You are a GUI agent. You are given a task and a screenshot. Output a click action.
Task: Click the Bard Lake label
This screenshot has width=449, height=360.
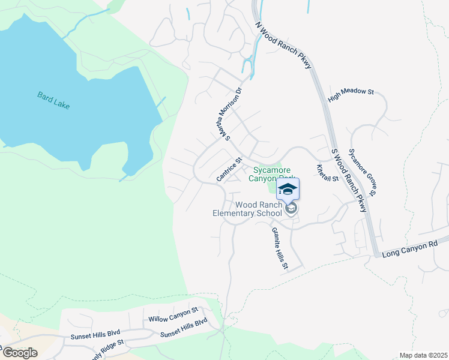pyautogui.click(x=53, y=100)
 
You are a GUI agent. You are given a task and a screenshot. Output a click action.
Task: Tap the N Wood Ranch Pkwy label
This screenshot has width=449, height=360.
pyautogui.click(x=285, y=45)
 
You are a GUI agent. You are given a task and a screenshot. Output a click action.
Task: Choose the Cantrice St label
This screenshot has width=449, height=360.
pyautogui.click(x=228, y=169)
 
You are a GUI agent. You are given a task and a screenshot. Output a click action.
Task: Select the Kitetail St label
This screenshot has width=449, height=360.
pyautogui.click(x=328, y=173)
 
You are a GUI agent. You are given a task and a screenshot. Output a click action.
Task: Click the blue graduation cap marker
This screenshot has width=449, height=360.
pyautogui.click(x=288, y=190)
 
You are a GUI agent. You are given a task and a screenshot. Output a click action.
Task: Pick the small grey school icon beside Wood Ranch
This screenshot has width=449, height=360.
pyautogui.click(x=292, y=209)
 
